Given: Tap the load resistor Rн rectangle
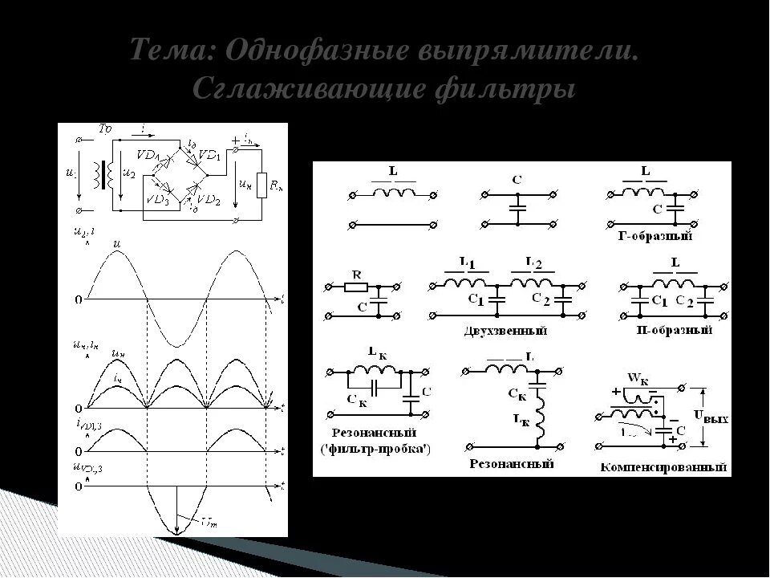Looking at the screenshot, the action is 260,184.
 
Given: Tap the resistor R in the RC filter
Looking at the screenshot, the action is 356,286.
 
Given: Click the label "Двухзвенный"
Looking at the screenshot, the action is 505,330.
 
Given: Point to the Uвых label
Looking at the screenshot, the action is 711,418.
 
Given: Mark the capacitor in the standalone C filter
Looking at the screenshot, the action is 518,210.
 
